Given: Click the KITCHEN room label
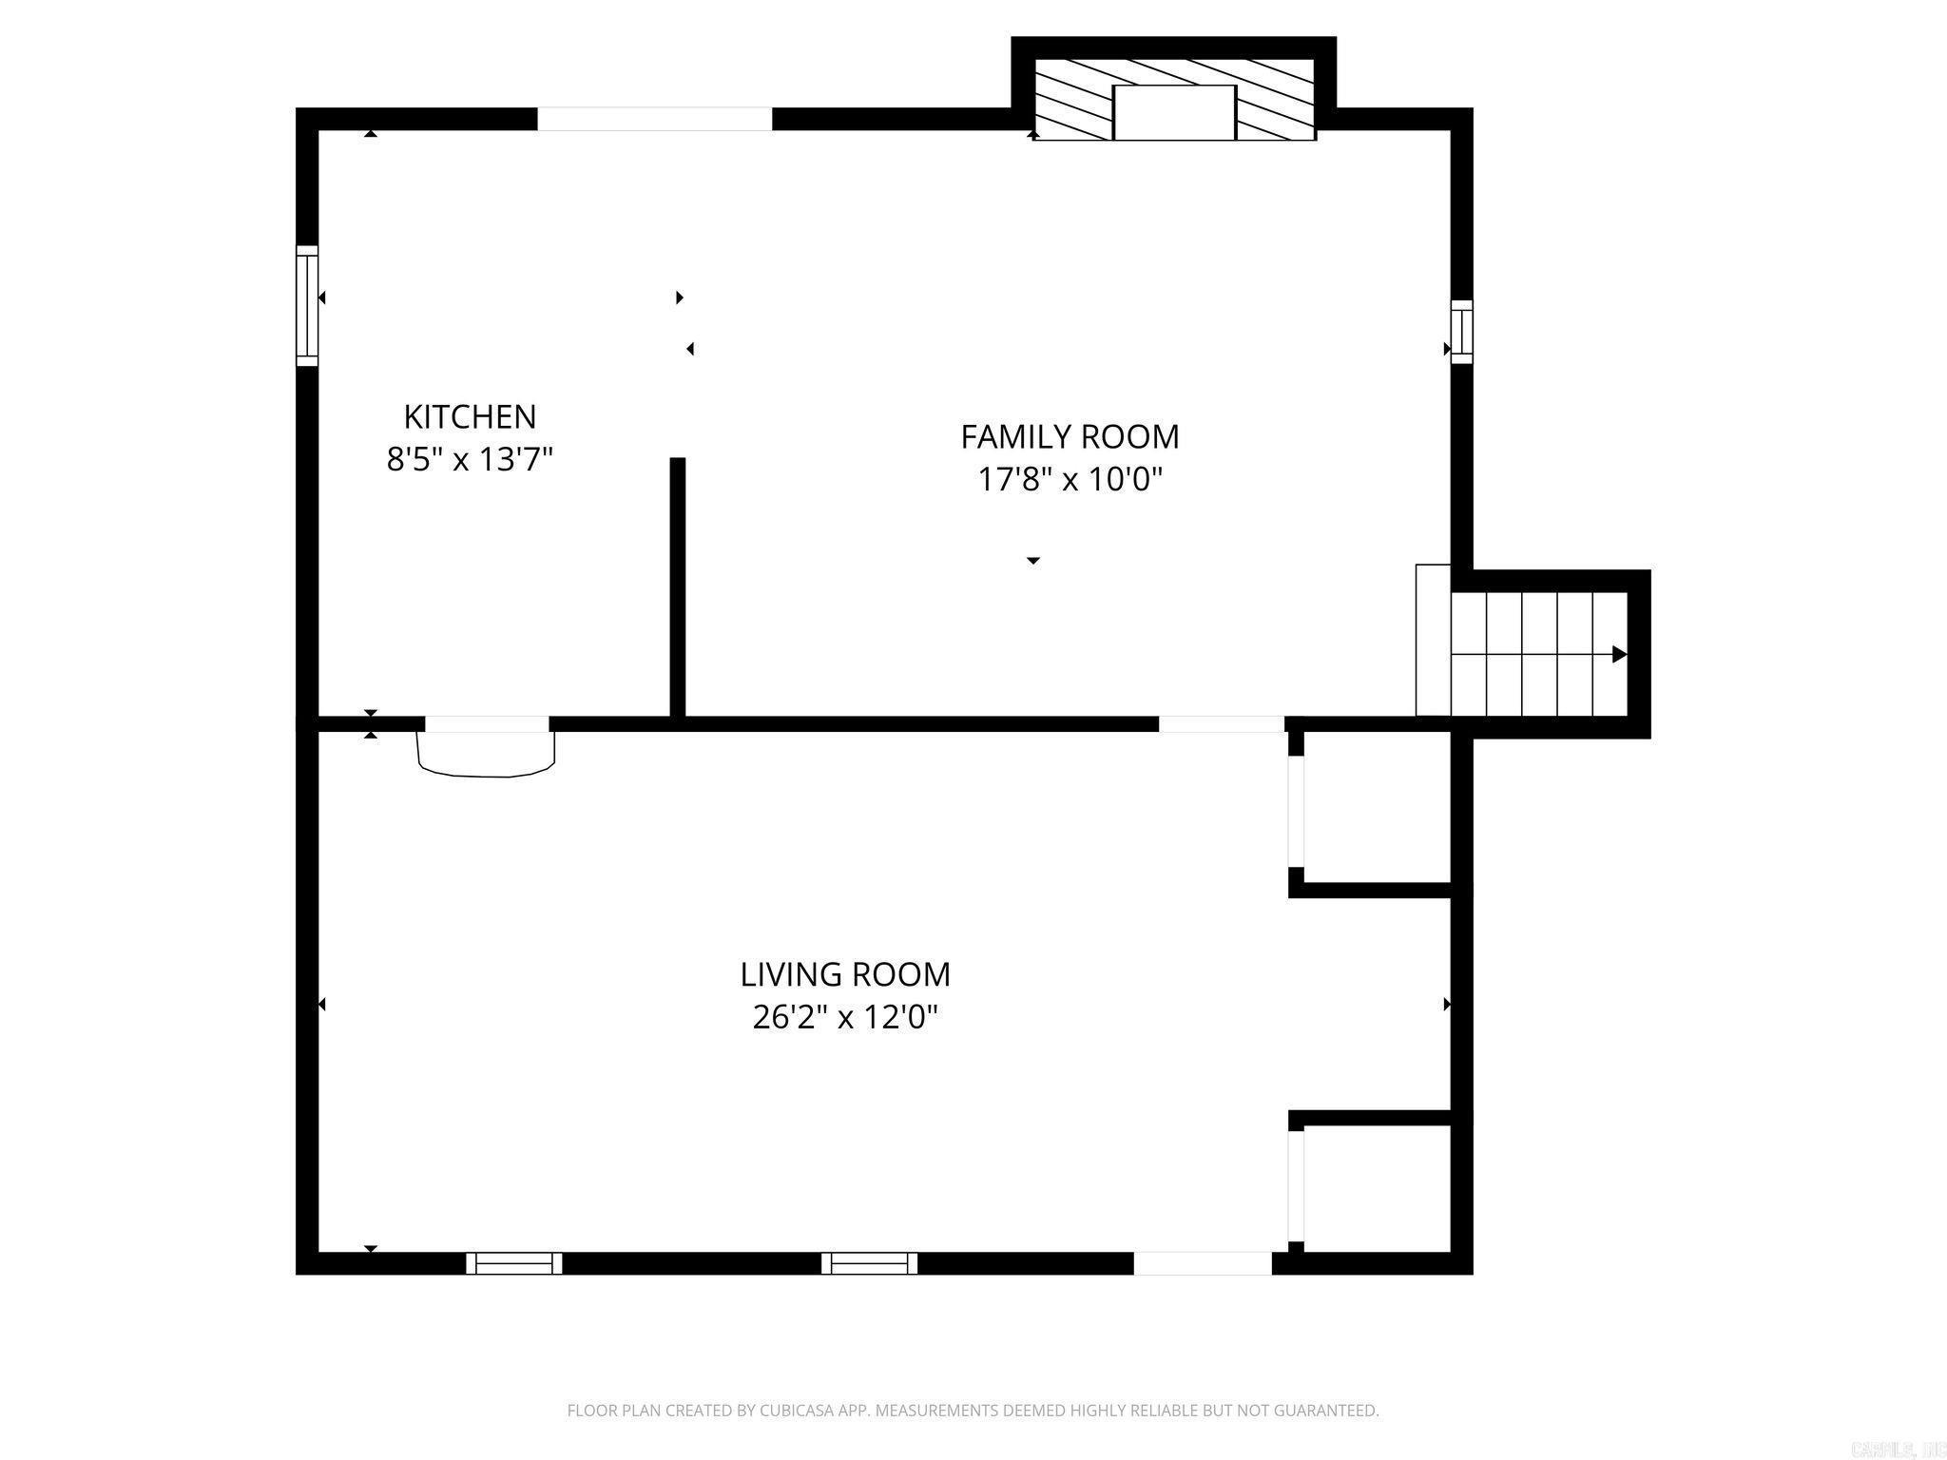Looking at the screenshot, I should pyautogui.click(x=470, y=416).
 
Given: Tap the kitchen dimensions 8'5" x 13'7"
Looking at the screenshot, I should pyautogui.click(x=470, y=460).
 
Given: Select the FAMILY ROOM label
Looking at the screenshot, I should pyautogui.click(x=1070, y=436).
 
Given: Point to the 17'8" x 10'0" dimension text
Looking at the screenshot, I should pyautogui.click(x=1070, y=479).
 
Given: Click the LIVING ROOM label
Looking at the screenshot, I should pyautogui.click(x=845, y=974).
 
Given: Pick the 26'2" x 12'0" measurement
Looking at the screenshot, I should pyautogui.click(x=845, y=1017).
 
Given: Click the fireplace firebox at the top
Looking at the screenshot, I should pyautogui.click(x=1174, y=112).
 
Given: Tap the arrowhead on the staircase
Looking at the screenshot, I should pyautogui.click(x=1618, y=654).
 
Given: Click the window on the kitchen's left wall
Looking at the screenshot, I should pyautogui.click(x=306, y=305).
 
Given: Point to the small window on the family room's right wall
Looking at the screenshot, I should pyautogui.click(x=1461, y=332).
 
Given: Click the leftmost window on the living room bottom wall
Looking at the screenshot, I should pyautogui.click(x=514, y=1262).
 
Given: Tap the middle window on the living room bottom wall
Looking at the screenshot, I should pyautogui.click(x=869, y=1262).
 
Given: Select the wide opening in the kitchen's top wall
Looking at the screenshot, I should pyautogui.click(x=655, y=119).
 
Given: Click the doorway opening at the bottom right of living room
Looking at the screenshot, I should pyautogui.click(x=1203, y=1262).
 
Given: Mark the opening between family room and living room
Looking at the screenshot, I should pyautogui.click(x=1221, y=723).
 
